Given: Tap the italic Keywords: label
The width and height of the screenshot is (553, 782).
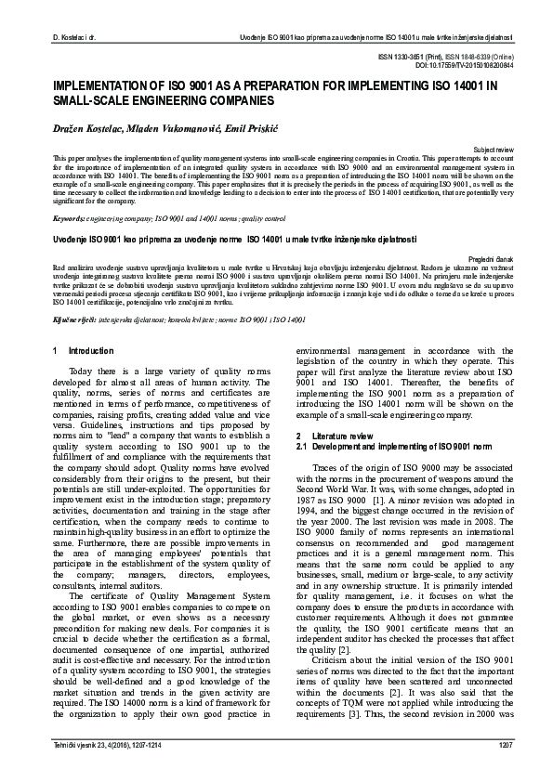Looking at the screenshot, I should tap(70, 219).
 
